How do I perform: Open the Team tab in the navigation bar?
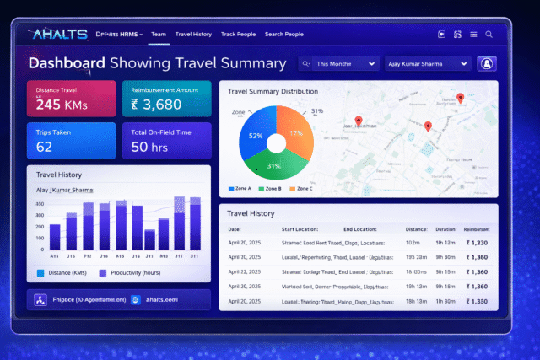(x=158, y=34)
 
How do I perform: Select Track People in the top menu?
(x=237, y=34)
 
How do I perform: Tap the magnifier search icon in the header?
(x=489, y=35)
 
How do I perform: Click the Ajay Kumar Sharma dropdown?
(x=426, y=63)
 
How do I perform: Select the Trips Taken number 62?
(x=46, y=147)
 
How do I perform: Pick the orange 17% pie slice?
(x=295, y=131)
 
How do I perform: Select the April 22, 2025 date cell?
(x=245, y=271)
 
